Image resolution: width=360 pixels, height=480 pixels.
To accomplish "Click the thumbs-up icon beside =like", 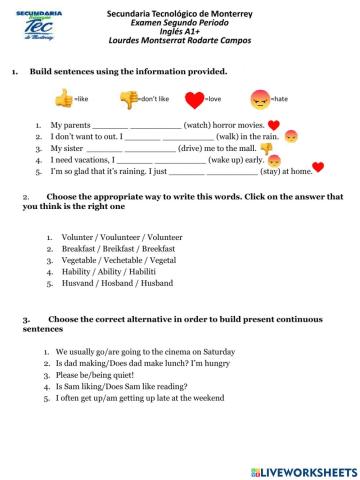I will click(x=64, y=99).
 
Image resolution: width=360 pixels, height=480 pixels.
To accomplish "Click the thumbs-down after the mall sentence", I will click(x=267, y=148).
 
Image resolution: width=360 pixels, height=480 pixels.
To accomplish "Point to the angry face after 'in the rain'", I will click(x=291, y=136).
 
